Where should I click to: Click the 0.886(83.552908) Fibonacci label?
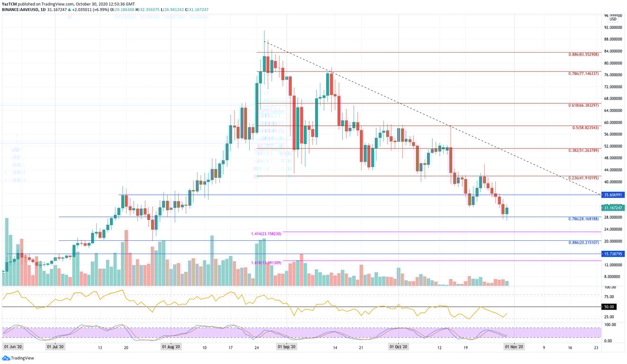click(x=584, y=55)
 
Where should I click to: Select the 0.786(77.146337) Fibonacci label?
click(x=584, y=74)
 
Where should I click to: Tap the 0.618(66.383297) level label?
click(x=584, y=105)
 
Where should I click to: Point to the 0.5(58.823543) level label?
click(x=585, y=128)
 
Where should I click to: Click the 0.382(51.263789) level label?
click(x=584, y=150)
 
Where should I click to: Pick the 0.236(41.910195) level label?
click(x=584, y=178)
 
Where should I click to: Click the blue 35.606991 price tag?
click(x=613, y=195)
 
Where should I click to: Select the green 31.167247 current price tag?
click(x=613, y=208)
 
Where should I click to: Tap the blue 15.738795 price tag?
click(x=613, y=254)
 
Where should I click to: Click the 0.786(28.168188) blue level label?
click(x=584, y=219)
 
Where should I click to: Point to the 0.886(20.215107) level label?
click(x=584, y=243)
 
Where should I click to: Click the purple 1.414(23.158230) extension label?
click(x=266, y=234)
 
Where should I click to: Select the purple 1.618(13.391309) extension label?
click(x=266, y=263)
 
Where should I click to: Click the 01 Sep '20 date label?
click(x=286, y=347)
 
